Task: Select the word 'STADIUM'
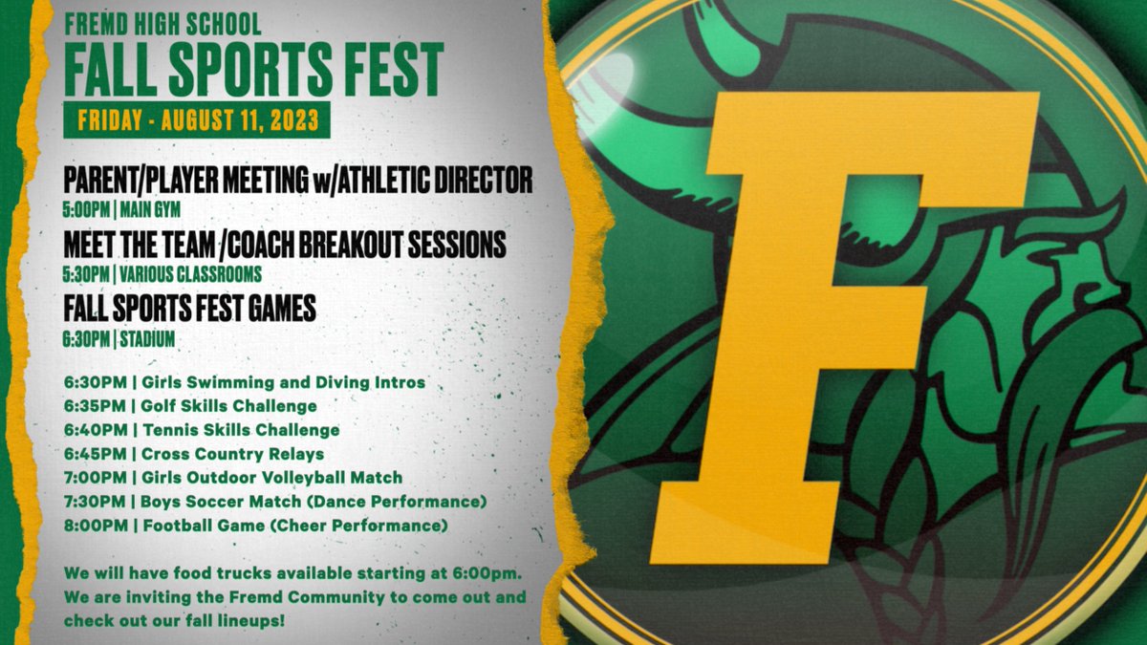pyautogui.click(x=147, y=339)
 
